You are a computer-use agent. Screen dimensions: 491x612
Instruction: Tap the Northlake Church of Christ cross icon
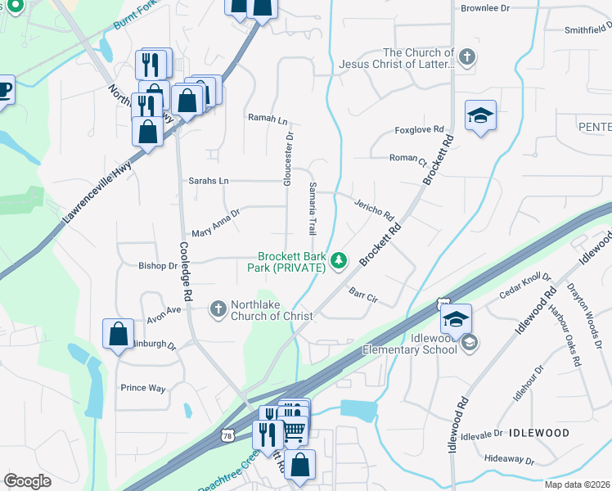[x=218, y=309]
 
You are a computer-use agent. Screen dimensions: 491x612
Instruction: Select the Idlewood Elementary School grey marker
[x=470, y=344]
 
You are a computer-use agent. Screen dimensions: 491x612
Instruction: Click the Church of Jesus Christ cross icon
[x=466, y=58]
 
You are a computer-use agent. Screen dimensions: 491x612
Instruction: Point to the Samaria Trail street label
[x=312, y=209]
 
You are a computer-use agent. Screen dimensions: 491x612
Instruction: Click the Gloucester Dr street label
[x=288, y=157]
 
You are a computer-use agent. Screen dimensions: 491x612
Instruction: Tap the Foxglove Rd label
[x=418, y=129]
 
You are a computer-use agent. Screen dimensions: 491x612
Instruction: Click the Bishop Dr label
[x=158, y=266]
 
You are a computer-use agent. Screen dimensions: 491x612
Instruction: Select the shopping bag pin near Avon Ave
[x=118, y=332]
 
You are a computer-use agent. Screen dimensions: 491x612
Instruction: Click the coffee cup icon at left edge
[x=4, y=90]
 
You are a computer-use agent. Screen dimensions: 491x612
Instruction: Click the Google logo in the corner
[x=27, y=481]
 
